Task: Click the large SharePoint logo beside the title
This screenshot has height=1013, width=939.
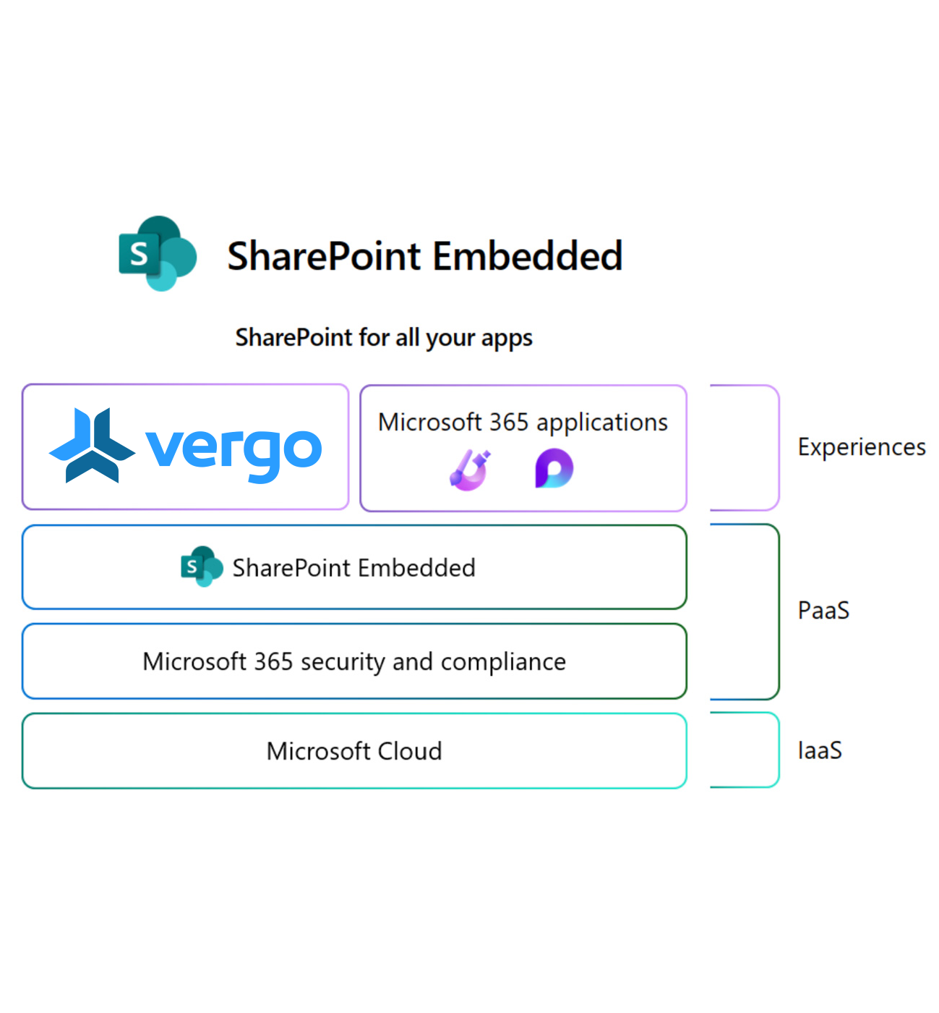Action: click(158, 253)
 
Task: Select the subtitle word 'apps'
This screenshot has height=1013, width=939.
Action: click(507, 339)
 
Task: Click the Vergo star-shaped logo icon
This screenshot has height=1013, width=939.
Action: click(92, 445)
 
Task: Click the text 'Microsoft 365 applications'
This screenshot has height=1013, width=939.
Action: click(523, 422)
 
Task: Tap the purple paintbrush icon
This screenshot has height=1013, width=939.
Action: click(470, 470)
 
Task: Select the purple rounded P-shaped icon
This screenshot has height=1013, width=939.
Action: click(554, 469)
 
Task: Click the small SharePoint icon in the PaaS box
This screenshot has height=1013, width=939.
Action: click(201, 567)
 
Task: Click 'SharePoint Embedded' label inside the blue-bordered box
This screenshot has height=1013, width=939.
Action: click(353, 568)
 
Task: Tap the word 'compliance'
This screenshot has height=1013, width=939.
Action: click(503, 661)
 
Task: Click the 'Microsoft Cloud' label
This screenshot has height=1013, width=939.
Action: click(353, 751)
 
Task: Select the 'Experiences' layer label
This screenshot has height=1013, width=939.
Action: click(861, 447)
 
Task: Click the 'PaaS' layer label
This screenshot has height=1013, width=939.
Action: click(823, 611)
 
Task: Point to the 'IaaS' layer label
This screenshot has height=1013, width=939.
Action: click(820, 750)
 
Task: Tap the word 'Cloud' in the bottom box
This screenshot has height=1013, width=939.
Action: click(409, 751)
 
